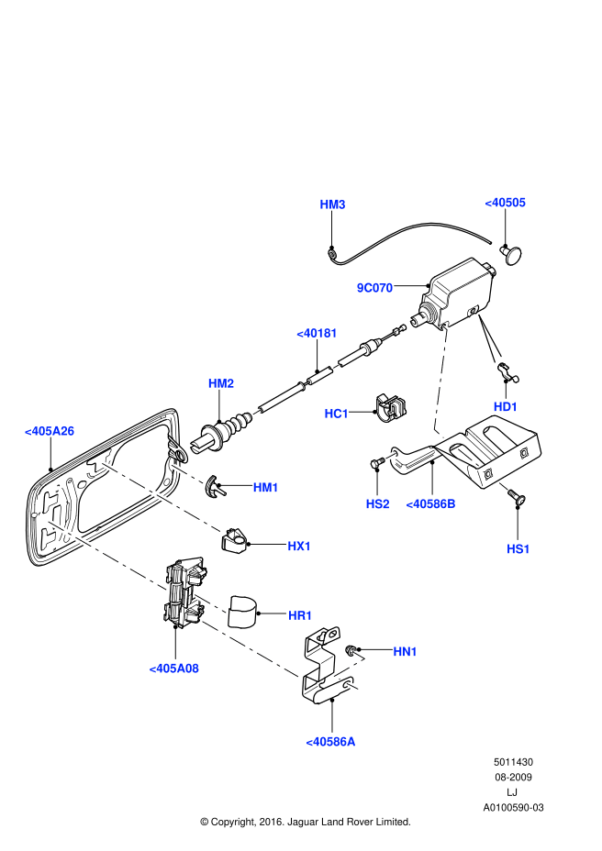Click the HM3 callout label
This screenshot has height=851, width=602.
(x=332, y=204)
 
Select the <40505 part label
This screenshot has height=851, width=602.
(x=505, y=203)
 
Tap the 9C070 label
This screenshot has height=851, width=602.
(x=374, y=288)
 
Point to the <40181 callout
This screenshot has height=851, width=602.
(x=317, y=334)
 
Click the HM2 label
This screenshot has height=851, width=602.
(x=221, y=383)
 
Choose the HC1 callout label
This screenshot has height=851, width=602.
(x=337, y=414)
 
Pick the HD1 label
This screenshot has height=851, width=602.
(x=506, y=406)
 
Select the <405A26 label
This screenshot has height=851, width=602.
(x=50, y=430)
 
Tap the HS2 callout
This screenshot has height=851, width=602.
(x=377, y=503)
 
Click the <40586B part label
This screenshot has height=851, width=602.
(x=430, y=503)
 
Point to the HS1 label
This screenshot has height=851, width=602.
(x=518, y=548)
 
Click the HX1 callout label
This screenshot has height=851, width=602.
(x=299, y=547)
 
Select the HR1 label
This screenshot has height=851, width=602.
(x=300, y=615)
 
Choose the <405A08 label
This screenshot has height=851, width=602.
(x=173, y=669)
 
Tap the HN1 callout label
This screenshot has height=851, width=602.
(x=405, y=652)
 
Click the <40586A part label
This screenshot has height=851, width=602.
(x=330, y=741)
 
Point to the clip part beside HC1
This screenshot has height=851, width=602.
(x=392, y=409)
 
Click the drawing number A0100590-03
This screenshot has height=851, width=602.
(x=513, y=808)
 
